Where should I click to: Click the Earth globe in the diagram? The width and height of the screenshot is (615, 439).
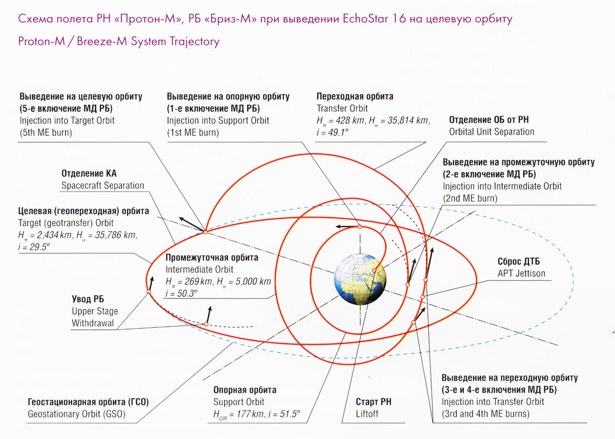pos(360,279)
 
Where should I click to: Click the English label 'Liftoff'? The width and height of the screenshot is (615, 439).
pos(367,413)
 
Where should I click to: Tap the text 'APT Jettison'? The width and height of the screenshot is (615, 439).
pos(521,273)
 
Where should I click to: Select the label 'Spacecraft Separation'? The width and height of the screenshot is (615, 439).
pos(102,186)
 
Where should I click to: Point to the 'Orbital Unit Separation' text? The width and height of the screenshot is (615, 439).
pos(491,132)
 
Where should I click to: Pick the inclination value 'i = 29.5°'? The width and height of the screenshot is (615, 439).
pos(34,247)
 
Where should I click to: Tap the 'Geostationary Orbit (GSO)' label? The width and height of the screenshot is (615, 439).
pos(76,414)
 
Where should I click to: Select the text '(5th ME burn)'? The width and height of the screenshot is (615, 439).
pos(46,133)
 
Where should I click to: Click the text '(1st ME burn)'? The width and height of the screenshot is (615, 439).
pos(193,133)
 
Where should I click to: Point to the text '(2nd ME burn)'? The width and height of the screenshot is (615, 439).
pos(470,198)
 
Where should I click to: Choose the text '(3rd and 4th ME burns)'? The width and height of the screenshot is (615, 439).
pos(485,414)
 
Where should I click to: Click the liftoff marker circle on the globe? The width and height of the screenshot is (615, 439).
pos(374,271)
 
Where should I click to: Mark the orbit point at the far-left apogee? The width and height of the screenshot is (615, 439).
pos(149,292)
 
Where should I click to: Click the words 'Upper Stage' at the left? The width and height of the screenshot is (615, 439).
pos(95,311)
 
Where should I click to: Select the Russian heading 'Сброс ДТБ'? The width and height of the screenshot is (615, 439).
pos(519,261)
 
